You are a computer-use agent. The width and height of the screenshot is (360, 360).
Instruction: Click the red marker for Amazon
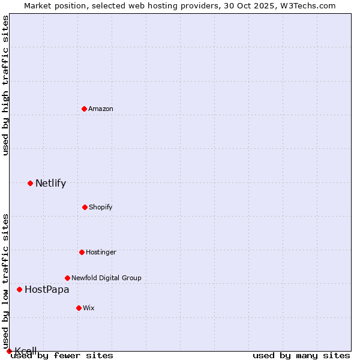(85, 109)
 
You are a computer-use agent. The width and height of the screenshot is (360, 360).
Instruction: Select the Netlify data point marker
(30, 183)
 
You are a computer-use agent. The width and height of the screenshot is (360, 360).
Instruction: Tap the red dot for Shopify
(85, 207)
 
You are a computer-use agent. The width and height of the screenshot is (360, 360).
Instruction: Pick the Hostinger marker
(82, 252)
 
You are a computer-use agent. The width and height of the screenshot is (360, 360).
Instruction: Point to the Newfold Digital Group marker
(67, 278)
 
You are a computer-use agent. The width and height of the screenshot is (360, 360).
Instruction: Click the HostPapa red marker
(19, 289)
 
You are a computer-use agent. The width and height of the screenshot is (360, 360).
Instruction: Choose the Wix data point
(79, 308)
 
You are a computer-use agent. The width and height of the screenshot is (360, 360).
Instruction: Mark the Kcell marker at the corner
(9, 351)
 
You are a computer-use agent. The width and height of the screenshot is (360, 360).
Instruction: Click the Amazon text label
(101, 109)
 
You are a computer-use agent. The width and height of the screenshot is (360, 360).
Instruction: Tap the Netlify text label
(50, 183)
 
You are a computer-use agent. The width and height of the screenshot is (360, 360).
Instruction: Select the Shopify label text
(101, 207)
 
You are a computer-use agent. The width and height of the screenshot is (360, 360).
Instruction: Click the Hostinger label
(101, 252)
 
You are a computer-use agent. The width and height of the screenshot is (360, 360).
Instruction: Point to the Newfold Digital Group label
(106, 278)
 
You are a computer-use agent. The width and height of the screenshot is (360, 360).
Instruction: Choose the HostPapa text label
(47, 289)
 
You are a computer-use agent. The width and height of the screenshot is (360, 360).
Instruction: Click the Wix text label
(89, 308)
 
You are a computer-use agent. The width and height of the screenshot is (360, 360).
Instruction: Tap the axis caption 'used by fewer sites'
(62, 355)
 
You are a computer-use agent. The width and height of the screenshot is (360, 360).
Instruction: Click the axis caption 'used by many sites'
(301, 355)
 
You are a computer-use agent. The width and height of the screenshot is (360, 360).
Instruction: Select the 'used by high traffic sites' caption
(5, 85)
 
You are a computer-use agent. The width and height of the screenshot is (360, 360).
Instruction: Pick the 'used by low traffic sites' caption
(5, 281)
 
